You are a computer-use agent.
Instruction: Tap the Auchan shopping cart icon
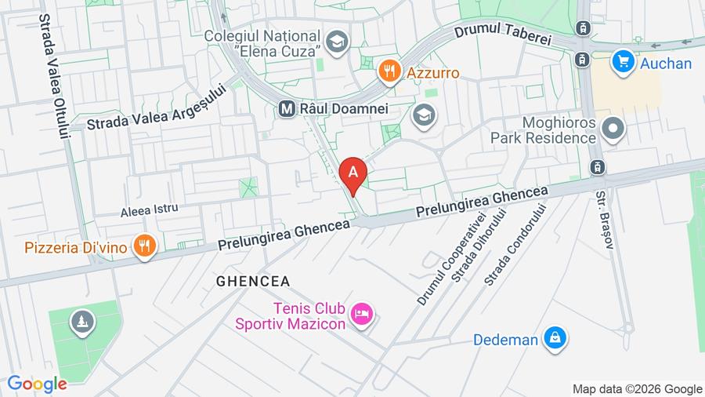(624, 62)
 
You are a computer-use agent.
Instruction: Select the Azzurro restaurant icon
(389, 72)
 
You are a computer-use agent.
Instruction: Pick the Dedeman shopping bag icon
(555, 339)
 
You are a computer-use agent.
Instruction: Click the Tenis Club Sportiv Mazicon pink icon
(361, 315)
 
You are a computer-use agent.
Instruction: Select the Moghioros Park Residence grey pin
(613, 128)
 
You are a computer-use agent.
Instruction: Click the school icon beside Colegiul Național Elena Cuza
(336, 42)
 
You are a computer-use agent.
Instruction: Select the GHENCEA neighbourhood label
(253, 281)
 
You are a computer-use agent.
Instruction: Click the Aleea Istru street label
(149, 209)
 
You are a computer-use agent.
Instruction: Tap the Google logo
(37, 384)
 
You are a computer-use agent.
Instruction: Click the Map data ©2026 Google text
(637, 389)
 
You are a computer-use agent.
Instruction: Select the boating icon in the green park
(82, 321)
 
